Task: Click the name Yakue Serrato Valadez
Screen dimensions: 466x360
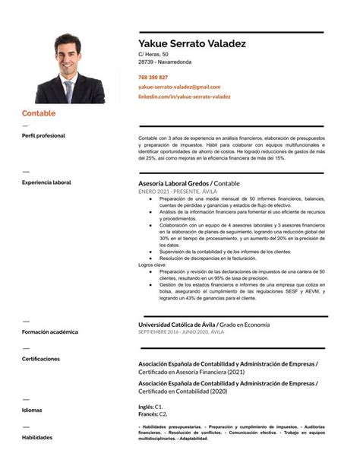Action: coord(191,44)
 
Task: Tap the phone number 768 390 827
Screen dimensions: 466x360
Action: coord(153,78)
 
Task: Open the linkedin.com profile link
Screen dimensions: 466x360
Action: coord(184,97)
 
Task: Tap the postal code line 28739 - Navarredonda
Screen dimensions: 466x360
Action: coord(164,62)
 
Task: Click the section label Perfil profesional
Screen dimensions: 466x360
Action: coord(43,135)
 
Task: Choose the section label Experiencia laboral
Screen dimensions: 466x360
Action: coord(46,182)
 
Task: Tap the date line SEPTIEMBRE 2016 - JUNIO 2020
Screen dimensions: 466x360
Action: coord(181,333)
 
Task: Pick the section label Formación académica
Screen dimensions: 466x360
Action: coord(49,332)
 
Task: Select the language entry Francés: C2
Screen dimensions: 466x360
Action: coord(153,414)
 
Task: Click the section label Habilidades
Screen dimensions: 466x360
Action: coord(36,437)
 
